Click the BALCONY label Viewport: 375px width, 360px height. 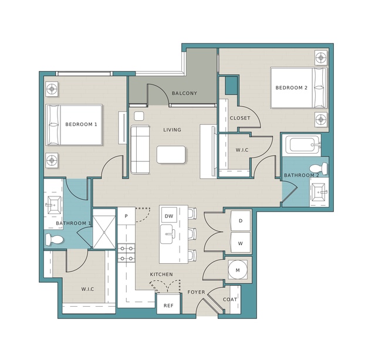pyautogui.click(x=184, y=93)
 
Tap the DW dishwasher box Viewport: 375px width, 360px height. pyautogui.click(x=169, y=215)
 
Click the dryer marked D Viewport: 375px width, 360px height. pyautogui.click(x=241, y=221)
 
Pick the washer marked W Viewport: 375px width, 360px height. pyautogui.click(x=241, y=243)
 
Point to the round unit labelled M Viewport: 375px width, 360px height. pyautogui.click(x=238, y=270)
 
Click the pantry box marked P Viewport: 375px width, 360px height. pyautogui.click(x=126, y=216)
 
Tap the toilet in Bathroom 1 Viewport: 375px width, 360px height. pyautogui.click(x=54, y=240)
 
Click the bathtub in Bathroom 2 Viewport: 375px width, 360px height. pyautogui.click(x=302, y=145)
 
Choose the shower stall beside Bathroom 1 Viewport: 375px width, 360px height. pyautogui.click(x=104, y=229)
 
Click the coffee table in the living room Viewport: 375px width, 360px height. pyautogui.click(x=171, y=155)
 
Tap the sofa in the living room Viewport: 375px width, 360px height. pyautogui.click(x=140, y=150)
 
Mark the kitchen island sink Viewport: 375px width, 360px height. pyautogui.click(x=167, y=234)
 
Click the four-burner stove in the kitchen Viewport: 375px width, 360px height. pyautogui.click(x=127, y=253)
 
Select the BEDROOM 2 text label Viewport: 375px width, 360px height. pyautogui.click(x=291, y=88)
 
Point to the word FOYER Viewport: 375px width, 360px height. pyautogui.click(x=196, y=292)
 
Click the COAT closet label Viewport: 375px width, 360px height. pyautogui.click(x=230, y=300)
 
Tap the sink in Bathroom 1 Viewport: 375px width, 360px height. pyautogui.click(x=54, y=205)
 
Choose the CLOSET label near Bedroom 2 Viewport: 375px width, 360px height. pyautogui.click(x=240, y=118)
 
